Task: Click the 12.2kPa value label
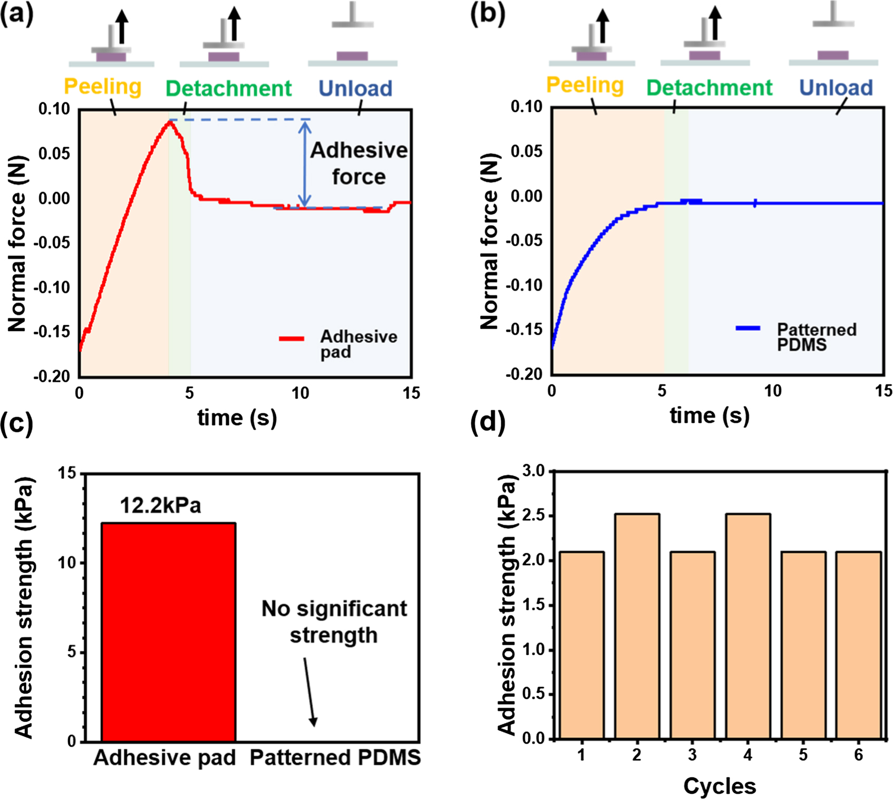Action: [x=160, y=505]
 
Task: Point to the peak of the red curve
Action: [x=170, y=122]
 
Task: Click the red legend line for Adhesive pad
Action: [x=291, y=339]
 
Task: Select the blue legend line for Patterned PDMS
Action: [x=748, y=328]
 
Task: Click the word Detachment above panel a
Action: [x=228, y=88]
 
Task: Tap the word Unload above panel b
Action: [x=836, y=87]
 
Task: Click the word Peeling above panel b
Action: [x=585, y=85]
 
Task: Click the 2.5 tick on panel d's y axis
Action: [x=533, y=515]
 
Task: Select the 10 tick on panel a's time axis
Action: [x=300, y=393]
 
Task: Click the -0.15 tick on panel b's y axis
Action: [x=523, y=330]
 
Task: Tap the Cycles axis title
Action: [x=719, y=786]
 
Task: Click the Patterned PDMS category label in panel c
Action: [x=335, y=757]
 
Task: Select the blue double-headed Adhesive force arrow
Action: [x=304, y=163]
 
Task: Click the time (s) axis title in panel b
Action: [x=709, y=416]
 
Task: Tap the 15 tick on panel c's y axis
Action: [x=67, y=474]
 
